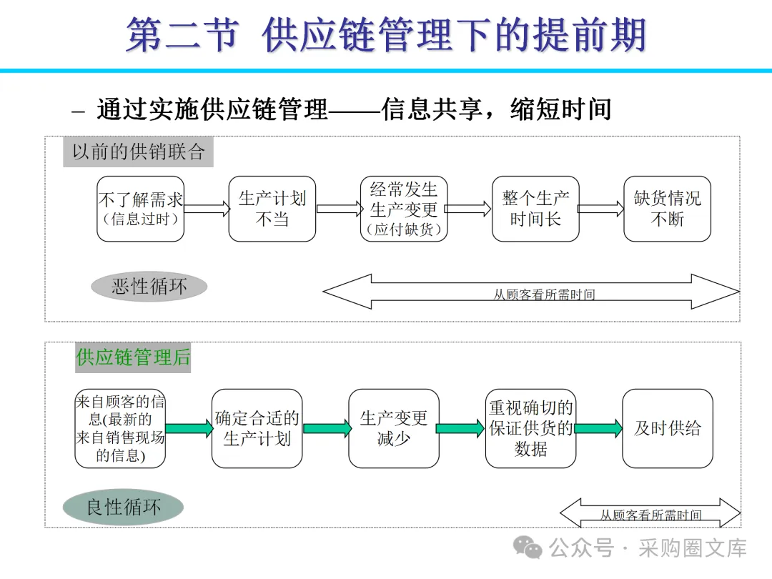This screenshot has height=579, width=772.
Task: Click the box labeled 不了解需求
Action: tap(140, 209)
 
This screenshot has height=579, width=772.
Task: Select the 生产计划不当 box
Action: tap(272, 209)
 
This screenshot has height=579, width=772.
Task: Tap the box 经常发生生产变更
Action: tap(404, 209)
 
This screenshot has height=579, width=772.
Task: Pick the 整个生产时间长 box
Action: tap(535, 209)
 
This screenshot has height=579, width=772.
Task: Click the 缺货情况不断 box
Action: tap(667, 209)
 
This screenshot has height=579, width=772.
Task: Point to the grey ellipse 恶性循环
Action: tap(149, 287)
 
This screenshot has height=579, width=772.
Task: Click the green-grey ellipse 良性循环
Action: tap(123, 507)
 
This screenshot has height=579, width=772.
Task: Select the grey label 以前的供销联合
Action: tap(139, 152)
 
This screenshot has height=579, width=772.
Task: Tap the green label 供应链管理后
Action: tap(133, 357)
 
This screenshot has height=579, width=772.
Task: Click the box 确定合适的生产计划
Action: tap(257, 428)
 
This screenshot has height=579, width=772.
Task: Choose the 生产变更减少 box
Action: tap(394, 428)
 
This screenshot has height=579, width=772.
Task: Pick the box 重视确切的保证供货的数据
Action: tap(530, 428)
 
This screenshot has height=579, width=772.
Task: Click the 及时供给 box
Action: tap(668, 428)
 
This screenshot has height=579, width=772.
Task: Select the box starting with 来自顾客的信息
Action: tap(120, 428)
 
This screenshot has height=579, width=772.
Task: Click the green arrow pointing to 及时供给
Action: tap(599, 428)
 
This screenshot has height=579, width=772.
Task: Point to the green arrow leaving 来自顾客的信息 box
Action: tap(189, 428)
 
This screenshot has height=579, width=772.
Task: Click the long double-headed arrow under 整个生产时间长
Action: tap(531, 292)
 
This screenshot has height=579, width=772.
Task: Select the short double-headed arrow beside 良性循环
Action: tap(650, 513)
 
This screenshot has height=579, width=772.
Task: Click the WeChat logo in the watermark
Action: tap(528, 548)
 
